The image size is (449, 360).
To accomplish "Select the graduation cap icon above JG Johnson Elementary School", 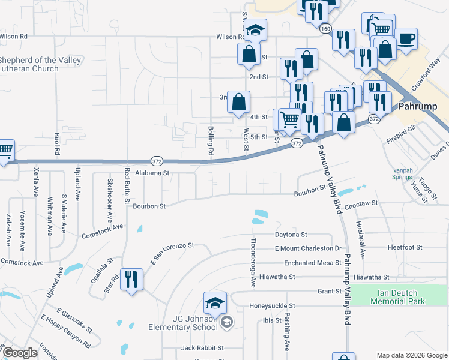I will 215,304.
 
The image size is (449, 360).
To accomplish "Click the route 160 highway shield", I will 325,28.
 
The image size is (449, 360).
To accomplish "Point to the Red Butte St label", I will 127,185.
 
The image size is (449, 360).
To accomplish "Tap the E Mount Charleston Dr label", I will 307,248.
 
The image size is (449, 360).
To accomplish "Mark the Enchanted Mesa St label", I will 307,263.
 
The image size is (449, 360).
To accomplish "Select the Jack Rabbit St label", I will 202,347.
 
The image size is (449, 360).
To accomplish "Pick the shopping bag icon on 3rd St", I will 238,102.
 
